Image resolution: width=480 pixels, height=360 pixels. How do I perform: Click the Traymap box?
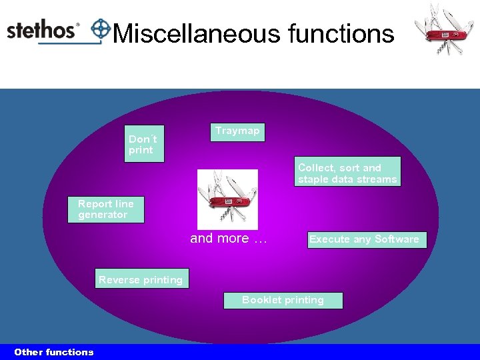[x=237, y=132]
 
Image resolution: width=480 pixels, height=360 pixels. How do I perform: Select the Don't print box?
[x=144, y=144]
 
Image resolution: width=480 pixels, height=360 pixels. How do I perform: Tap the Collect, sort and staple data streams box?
[x=348, y=172]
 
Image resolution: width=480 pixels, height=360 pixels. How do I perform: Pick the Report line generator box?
[x=107, y=209]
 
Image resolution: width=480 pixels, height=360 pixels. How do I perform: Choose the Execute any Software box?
[x=366, y=240]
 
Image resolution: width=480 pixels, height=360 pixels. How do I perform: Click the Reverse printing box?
[x=141, y=279]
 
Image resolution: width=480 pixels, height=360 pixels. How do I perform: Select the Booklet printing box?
[x=283, y=301]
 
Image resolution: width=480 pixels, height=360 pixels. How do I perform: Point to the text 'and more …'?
[x=228, y=239]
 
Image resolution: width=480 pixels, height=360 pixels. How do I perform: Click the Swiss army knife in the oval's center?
[x=227, y=199]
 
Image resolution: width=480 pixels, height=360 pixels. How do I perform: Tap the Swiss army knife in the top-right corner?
[x=443, y=29]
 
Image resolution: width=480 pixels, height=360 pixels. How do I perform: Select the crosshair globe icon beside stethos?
[x=101, y=29]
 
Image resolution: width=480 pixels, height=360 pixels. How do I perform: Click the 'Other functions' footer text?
[x=54, y=352]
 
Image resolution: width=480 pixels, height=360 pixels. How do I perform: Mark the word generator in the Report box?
[x=103, y=215]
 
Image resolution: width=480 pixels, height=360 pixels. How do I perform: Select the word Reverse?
[x=119, y=280]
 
